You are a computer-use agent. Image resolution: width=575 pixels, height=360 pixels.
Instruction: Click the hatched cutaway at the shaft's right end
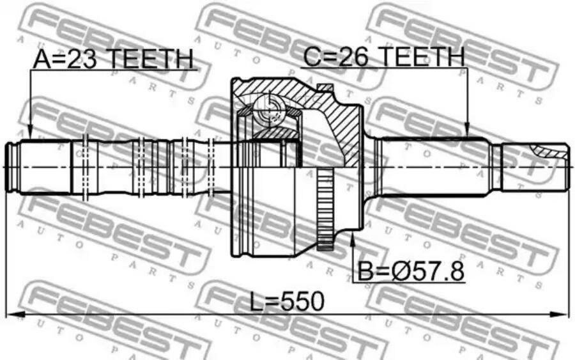[x=549, y=151]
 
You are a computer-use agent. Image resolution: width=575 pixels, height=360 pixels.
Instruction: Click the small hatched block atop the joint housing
[x=325, y=87]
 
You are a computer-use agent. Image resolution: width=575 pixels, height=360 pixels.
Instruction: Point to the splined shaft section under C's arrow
[x=434, y=165]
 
